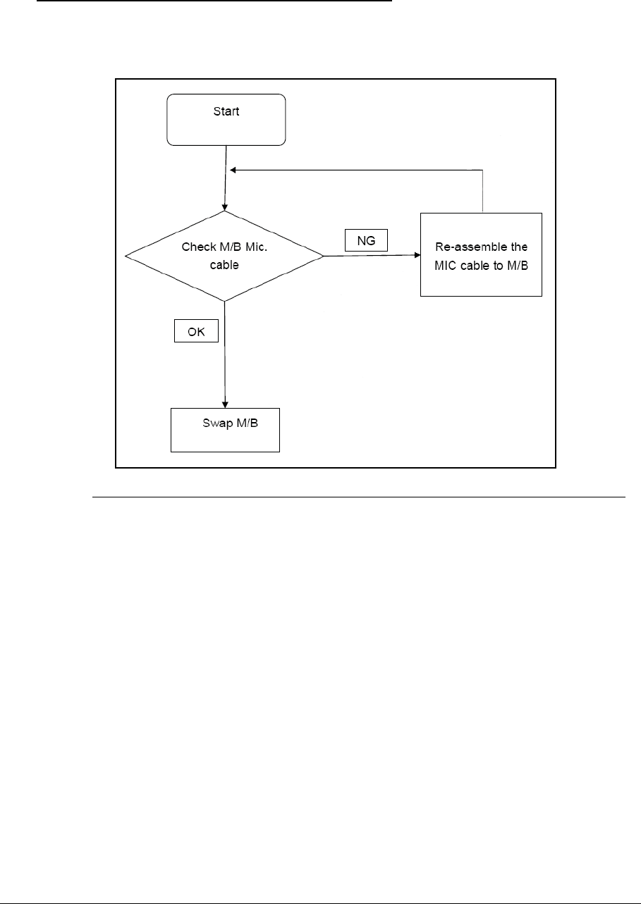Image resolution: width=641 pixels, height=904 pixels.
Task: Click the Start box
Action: pyautogui.click(x=226, y=120)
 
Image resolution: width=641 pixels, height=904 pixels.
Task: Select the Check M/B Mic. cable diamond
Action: pyautogui.click(x=224, y=256)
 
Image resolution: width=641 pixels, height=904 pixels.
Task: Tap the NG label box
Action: pyautogui.click(x=366, y=240)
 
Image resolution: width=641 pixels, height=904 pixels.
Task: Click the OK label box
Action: pyautogui.click(x=196, y=331)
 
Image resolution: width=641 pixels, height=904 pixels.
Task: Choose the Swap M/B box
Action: pyautogui.click(x=226, y=429)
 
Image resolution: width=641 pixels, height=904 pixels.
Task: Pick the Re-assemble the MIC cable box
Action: pyautogui.click(x=481, y=254)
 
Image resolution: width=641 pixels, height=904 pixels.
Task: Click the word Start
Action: pyautogui.click(x=226, y=111)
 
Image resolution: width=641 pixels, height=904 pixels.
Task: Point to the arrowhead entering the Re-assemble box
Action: pyautogui.click(x=416, y=256)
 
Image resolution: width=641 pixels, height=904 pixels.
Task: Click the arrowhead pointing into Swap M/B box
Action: pyautogui.click(x=225, y=404)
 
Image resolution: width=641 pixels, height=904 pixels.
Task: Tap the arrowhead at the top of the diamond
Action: pyautogui.click(x=224, y=207)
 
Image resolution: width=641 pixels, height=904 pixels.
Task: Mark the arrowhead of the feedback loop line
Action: pyautogui.click(x=231, y=170)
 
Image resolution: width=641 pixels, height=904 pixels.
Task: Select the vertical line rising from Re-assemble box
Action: pyautogui.click(x=482, y=191)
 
